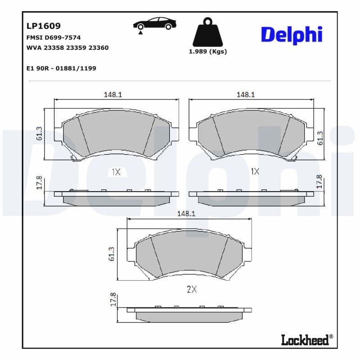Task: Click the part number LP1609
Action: (x=44, y=26)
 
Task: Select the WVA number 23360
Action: (x=99, y=47)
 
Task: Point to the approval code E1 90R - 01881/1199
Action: (x=62, y=68)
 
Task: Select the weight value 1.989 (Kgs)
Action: (x=207, y=51)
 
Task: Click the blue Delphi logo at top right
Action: (x=292, y=35)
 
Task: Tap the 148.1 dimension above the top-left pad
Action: (x=113, y=94)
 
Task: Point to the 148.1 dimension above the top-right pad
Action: (x=246, y=94)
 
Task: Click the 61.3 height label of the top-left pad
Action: (x=39, y=134)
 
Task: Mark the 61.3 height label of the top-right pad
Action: (x=320, y=138)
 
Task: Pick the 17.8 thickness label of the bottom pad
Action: (x=113, y=300)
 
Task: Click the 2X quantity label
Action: (x=192, y=290)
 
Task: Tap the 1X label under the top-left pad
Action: (x=116, y=171)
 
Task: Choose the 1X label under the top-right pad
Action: (x=255, y=171)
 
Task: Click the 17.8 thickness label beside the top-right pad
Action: (x=319, y=182)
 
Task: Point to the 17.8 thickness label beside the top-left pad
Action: (x=39, y=184)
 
